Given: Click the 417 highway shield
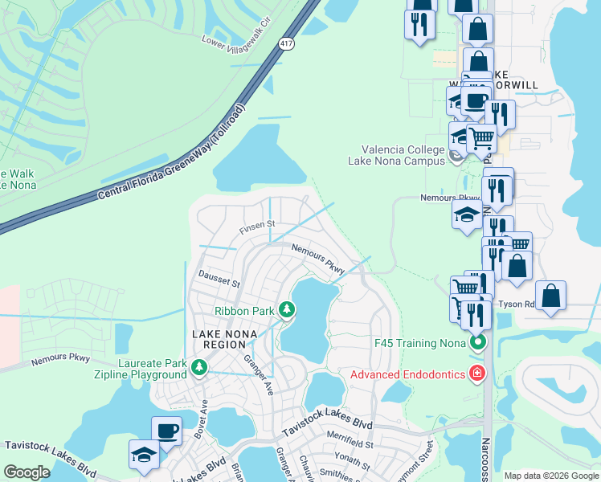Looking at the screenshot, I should [x=286, y=43].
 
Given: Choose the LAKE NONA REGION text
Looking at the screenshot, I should [x=219, y=338].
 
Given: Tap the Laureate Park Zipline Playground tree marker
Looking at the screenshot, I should [x=199, y=368].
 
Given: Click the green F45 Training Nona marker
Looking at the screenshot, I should [x=478, y=343].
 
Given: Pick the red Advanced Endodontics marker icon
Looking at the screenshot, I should [x=477, y=373].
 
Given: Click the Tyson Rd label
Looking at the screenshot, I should [x=517, y=304].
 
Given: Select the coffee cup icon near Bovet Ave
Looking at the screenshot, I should [x=166, y=431].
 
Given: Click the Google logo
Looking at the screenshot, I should [x=27, y=472].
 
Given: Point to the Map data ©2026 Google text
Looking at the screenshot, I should [x=550, y=476].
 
